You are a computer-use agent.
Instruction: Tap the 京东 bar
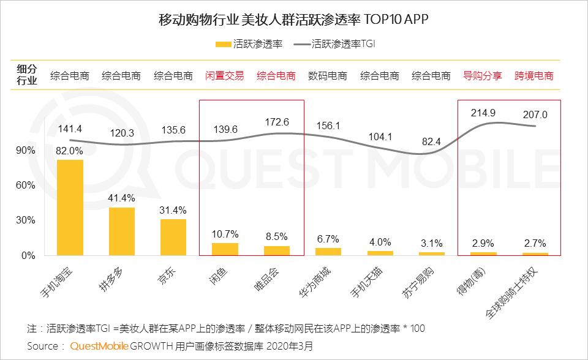coord(173,237)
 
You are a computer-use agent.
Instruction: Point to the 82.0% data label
coord(70,151)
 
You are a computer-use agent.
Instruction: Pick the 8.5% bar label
coord(276,236)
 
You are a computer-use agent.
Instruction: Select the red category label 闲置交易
coord(224,77)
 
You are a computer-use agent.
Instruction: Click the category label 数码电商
coord(328,77)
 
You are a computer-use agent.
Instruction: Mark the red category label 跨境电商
coord(534,77)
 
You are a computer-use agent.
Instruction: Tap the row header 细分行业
coord(26,75)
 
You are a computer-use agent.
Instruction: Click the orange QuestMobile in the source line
coord(99,346)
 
